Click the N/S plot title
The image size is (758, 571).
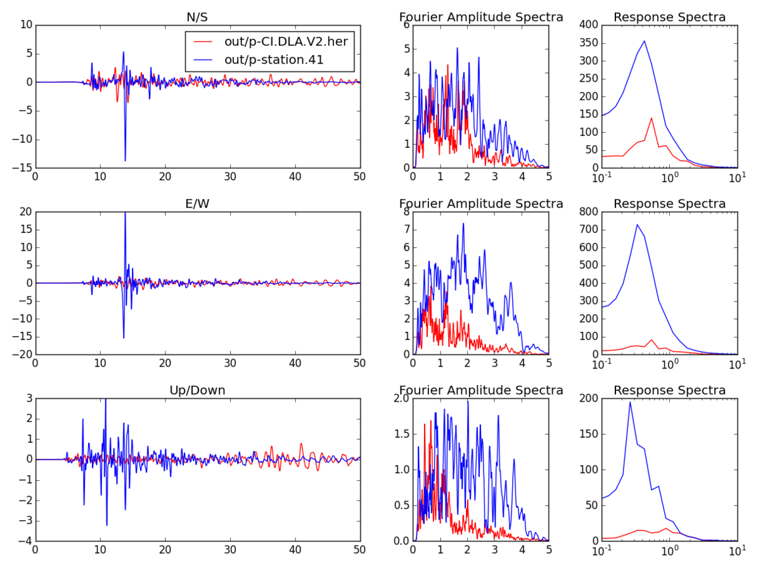(197, 17)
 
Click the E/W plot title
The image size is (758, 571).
(197, 204)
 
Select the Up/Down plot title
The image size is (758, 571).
(197, 390)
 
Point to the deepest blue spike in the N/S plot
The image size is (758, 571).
(125, 161)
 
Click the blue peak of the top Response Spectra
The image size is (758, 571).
(645, 41)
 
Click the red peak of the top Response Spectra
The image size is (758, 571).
(652, 118)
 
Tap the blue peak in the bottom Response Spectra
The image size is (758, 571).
(630, 402)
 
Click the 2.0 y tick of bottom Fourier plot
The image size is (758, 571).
(402, 398)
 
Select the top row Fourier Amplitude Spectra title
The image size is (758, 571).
(481, 17)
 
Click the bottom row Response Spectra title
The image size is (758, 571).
(670, 390)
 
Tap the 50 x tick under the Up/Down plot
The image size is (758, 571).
(359, 552)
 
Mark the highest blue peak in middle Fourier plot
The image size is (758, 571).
(463, 223)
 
